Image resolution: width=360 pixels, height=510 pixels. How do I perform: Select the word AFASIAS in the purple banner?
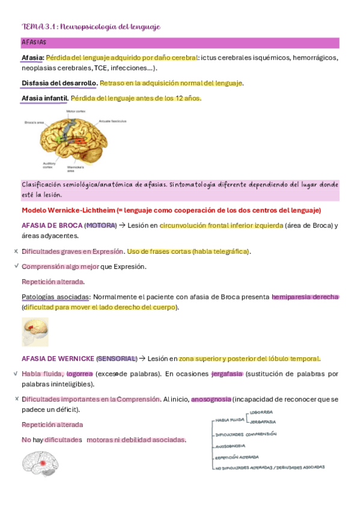[34, 43]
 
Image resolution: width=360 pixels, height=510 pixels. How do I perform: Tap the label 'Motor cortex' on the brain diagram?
[76, 111]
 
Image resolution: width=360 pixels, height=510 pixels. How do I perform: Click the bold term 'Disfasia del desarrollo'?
[59, 83]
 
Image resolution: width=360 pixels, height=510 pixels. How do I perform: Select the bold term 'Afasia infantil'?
[44, 98]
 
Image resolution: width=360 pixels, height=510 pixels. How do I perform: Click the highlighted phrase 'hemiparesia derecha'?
[305, 297]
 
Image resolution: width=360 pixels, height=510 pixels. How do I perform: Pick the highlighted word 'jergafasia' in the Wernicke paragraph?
[227, 374]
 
